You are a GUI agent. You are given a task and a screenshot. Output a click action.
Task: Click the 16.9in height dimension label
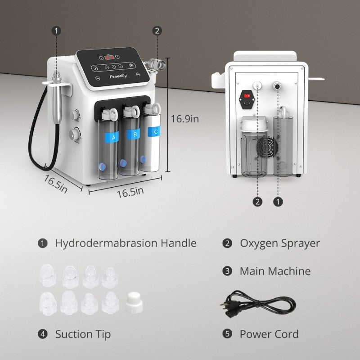tap(184, 119)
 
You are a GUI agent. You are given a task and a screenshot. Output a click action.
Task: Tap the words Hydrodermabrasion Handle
tap(126, 243)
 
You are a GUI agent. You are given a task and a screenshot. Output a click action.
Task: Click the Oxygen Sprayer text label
tap(279, 243)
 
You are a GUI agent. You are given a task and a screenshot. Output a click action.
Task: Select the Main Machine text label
tap(275, 271)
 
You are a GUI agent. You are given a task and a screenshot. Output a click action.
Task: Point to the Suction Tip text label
tap(83, 334)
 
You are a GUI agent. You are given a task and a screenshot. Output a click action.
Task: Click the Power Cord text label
tap(269, 334)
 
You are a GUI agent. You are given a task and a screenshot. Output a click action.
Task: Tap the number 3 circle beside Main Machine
tap(228, 271)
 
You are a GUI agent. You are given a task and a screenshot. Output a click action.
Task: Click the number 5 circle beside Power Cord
tap(228, 334)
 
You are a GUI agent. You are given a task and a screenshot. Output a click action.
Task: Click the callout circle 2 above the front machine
tap(157, 31)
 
